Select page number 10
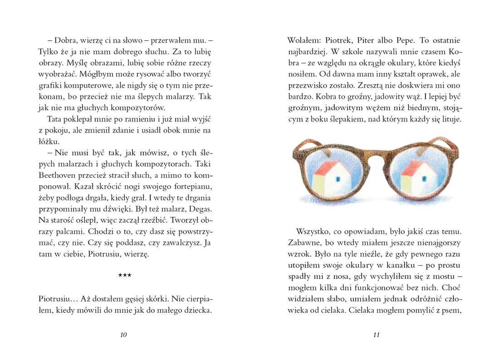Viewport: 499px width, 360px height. point(123,335)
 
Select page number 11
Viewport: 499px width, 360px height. point(376,335)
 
